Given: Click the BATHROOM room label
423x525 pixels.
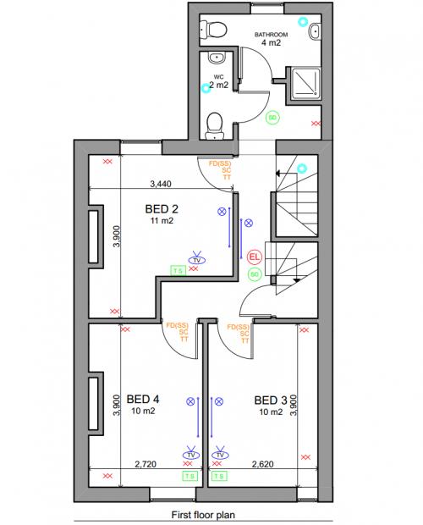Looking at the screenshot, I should click(273, 35).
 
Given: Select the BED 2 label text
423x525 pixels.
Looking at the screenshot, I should click(162, 209).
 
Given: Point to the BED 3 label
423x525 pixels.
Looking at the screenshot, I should click(272, 401).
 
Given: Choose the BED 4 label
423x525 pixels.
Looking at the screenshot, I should click(143, 400).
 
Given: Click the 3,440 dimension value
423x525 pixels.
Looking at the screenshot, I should click(165, 182).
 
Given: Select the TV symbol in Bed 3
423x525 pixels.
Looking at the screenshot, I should click(221, 456).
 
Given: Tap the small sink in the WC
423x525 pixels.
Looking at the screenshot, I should click(216, 59).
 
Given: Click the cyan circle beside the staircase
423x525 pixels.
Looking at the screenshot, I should click(303, 169).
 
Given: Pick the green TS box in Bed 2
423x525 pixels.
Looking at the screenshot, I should click(178, 271).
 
